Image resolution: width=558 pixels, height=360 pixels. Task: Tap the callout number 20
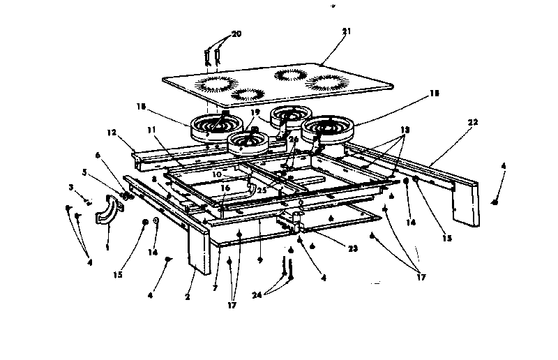[236, 33]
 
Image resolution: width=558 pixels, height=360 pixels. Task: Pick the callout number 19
[256, 112]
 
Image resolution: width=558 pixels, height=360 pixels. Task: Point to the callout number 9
[259, 260]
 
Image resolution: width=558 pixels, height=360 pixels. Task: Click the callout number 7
[215, 287]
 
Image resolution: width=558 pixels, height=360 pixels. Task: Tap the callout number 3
[70, 187]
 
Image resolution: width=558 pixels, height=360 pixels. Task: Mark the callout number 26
[294, 139]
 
